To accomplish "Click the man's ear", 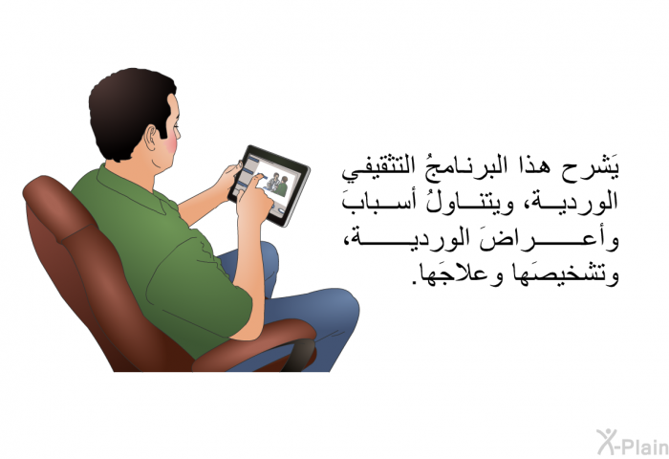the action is coord(152,139).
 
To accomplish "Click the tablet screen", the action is coord(270,185).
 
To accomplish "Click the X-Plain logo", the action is coord(633,442).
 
